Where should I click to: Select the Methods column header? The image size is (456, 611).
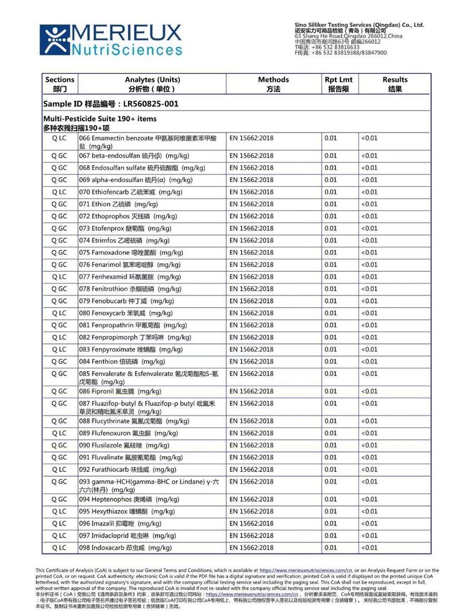[x=273, y=84]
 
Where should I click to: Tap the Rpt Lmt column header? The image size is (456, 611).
[x=339, y=84]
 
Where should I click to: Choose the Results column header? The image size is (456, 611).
[x=395, y=84]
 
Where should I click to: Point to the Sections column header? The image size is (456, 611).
[x=60, y=84]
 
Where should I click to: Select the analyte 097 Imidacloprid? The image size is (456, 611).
[x=123, y=536]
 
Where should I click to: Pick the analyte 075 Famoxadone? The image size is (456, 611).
[x=123, y=253]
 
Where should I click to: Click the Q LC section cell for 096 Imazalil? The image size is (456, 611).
[x=59, y=524]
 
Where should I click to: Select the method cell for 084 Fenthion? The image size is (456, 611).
[x=252, y=362]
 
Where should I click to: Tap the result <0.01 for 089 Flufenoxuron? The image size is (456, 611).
[x=369, y=434]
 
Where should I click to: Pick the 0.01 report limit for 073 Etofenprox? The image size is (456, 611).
[x=330, y=229]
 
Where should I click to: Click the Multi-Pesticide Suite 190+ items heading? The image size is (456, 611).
[x=100, y=119]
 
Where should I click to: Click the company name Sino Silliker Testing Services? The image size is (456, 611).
[x=359, y=25]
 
